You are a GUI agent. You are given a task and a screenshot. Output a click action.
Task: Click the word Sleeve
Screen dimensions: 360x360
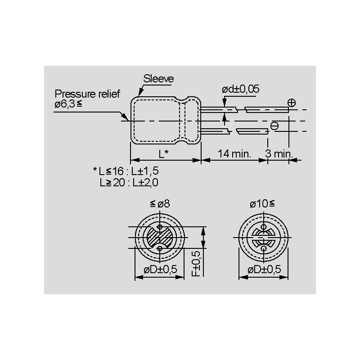pos(158,79)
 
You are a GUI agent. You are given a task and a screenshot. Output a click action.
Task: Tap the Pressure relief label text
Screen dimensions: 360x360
pos(87,94)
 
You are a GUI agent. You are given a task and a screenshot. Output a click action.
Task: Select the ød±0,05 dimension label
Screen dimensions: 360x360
pos(241,89)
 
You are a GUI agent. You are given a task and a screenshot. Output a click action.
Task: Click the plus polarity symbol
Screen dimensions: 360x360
pos(292,103)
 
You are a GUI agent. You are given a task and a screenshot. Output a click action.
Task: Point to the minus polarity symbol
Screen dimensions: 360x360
pos(274,126)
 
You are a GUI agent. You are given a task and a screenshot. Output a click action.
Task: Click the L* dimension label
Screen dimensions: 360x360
pos(164,154)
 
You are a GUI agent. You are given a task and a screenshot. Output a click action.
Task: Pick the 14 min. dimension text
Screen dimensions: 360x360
pos(234,153)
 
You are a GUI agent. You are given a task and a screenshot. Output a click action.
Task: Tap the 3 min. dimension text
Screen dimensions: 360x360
pos(279,153)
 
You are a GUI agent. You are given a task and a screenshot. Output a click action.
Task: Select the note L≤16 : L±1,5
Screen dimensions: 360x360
pos(126,171)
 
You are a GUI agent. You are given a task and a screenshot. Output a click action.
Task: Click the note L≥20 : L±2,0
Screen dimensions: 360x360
pos(129,183)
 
